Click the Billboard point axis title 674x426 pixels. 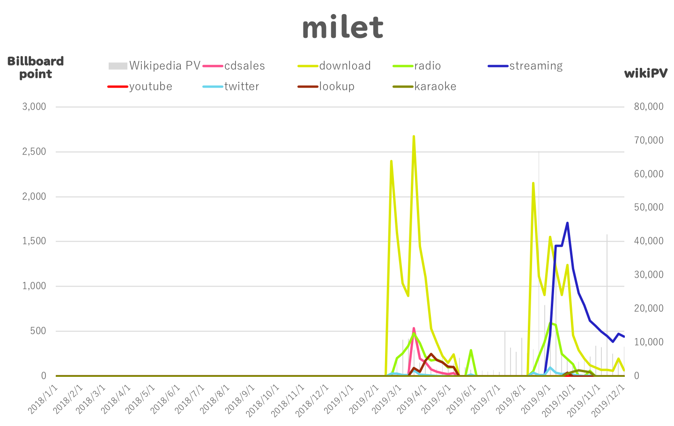tap(36, 67)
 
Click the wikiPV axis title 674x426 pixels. tap(645, 73)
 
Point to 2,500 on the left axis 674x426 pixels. tap(34, 152)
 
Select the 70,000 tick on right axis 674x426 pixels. tap(649, 140)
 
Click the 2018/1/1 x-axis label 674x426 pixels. tap(43, 400)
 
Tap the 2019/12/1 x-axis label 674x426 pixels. tap(607, 400)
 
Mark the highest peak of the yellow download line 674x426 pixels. tap(414, 137)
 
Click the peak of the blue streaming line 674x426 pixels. tap(567, 223)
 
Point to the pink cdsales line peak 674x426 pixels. tap(414, 329)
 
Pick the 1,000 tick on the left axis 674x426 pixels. tap(34, 286)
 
